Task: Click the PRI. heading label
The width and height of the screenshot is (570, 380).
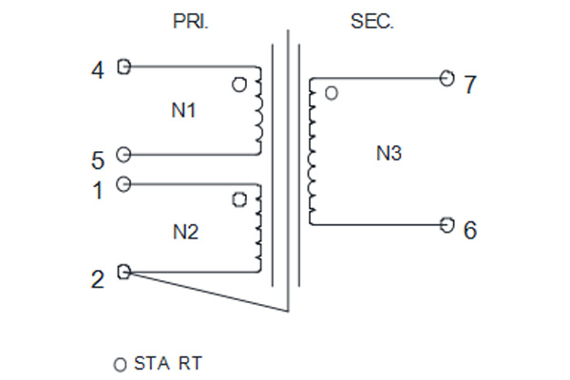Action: (191, 22)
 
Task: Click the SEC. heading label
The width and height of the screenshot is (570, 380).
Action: (371, 22)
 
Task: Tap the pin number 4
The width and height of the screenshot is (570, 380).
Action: (98, 70)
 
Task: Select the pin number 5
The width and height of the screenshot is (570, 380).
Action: (98, 161)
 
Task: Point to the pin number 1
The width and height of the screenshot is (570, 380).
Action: (98, 190)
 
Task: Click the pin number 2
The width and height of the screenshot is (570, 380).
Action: (98, 279)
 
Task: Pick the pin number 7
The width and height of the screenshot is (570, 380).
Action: (470, 85)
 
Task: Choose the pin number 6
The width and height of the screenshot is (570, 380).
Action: (470, 230)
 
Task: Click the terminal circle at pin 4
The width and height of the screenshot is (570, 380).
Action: (123, 66)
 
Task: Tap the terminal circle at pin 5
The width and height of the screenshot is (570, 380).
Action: (123, 155)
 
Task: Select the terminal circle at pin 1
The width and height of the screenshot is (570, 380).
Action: (123, 184)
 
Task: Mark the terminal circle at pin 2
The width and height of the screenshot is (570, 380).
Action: (123, 272)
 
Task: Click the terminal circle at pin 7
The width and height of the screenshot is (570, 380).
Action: (446, 78)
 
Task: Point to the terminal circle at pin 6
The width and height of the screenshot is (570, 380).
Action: (446, 225)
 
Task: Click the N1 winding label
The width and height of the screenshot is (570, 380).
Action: (183, 110)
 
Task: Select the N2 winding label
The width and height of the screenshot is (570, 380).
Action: (186, 232)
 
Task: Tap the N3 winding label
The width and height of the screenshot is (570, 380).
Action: (389, 153)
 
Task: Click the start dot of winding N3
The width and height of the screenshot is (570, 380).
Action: (332, 93)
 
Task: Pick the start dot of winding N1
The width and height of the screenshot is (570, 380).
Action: (238, 85)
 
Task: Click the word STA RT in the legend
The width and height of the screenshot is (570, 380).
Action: (168, 363)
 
